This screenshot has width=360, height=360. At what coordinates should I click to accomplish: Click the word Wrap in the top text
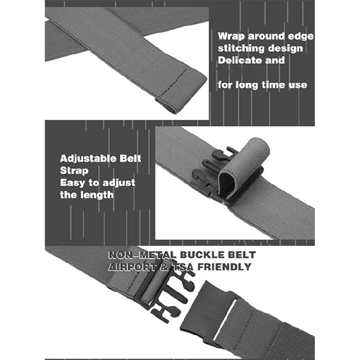click(231, 36)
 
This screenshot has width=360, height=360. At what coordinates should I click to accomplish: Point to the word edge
click(300, 37)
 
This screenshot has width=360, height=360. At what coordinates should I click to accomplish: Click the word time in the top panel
click(274, 84)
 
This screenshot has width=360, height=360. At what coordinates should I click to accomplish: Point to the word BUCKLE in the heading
click(202, 255)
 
